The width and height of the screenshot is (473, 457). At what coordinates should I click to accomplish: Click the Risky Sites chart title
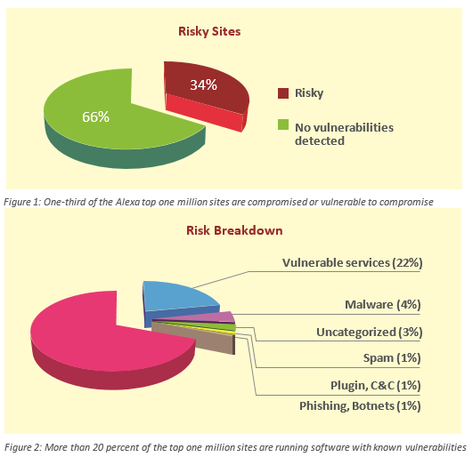(209, 32)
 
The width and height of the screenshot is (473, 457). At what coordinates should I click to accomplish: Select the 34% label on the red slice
(203, 84)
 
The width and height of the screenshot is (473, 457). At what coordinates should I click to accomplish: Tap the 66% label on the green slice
(95, 116)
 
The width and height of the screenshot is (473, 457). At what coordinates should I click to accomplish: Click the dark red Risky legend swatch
(283, 93)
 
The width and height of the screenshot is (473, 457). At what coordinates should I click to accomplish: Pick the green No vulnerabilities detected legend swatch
(283, 124)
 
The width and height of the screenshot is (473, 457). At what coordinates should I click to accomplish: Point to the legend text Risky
(309, 93)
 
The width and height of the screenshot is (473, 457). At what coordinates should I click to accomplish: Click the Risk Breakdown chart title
(234, 230)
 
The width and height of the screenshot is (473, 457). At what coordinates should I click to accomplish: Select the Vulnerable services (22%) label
(353, 263)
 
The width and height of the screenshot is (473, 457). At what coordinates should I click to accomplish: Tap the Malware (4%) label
(383, 305)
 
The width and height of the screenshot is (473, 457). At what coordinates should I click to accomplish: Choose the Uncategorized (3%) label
(370, 332)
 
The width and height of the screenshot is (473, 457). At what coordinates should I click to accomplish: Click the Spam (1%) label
(392, 358)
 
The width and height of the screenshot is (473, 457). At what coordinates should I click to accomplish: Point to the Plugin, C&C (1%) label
(376, 385)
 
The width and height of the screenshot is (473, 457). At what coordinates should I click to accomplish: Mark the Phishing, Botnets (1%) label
(360, 405)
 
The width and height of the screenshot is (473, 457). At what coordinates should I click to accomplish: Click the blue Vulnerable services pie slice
(178, 298)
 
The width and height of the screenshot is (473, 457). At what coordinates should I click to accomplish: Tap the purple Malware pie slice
(211, 317)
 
